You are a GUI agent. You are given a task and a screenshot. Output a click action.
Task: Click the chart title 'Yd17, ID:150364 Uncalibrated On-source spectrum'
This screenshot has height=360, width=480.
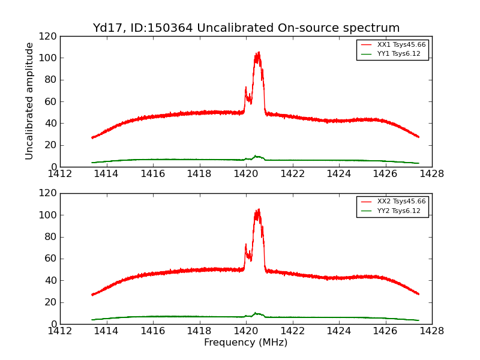tap(246, 28)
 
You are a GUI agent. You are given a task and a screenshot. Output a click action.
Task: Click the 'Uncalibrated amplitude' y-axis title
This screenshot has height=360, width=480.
tap(29, 101)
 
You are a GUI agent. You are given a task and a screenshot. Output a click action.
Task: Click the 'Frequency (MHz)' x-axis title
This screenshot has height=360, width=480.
tap(246, 343)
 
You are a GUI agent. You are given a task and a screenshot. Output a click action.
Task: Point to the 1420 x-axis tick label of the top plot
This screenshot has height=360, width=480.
tap(246, 174)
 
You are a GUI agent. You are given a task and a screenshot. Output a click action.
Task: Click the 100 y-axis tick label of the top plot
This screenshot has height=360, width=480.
tap(49, 58)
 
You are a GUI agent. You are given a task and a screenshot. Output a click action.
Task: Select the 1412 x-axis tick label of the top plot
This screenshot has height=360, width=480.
tap(60, 174)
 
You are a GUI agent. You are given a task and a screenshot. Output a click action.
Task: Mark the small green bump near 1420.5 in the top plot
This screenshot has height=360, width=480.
tap(256, 157)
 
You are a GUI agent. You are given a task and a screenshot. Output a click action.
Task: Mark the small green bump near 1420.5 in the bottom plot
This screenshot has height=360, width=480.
tap(256, 313)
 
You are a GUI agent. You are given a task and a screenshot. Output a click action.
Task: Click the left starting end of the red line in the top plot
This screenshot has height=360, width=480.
tap(92, 137)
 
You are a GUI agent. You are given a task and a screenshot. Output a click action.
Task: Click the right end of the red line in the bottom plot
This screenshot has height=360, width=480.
tap(418, 294)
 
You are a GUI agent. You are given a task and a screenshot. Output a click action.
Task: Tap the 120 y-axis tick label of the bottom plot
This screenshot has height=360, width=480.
tap(49, 193)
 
